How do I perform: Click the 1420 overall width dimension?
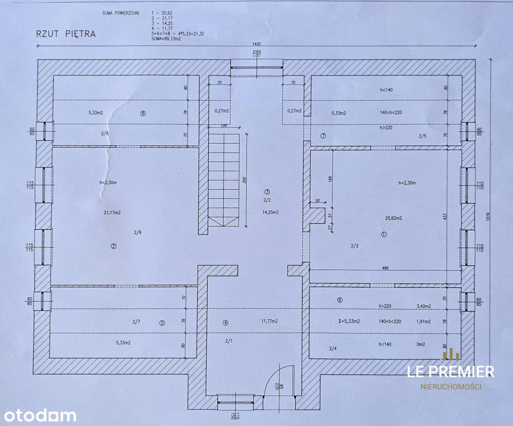(256, 44)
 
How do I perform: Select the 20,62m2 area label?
(393, 218)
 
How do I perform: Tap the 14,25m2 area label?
(271, 212)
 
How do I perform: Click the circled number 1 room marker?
(383, 234)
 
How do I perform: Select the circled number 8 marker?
(143, 113)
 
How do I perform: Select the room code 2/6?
(137, 232)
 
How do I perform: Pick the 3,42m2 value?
(423, 306)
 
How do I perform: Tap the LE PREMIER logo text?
(451, 372)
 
